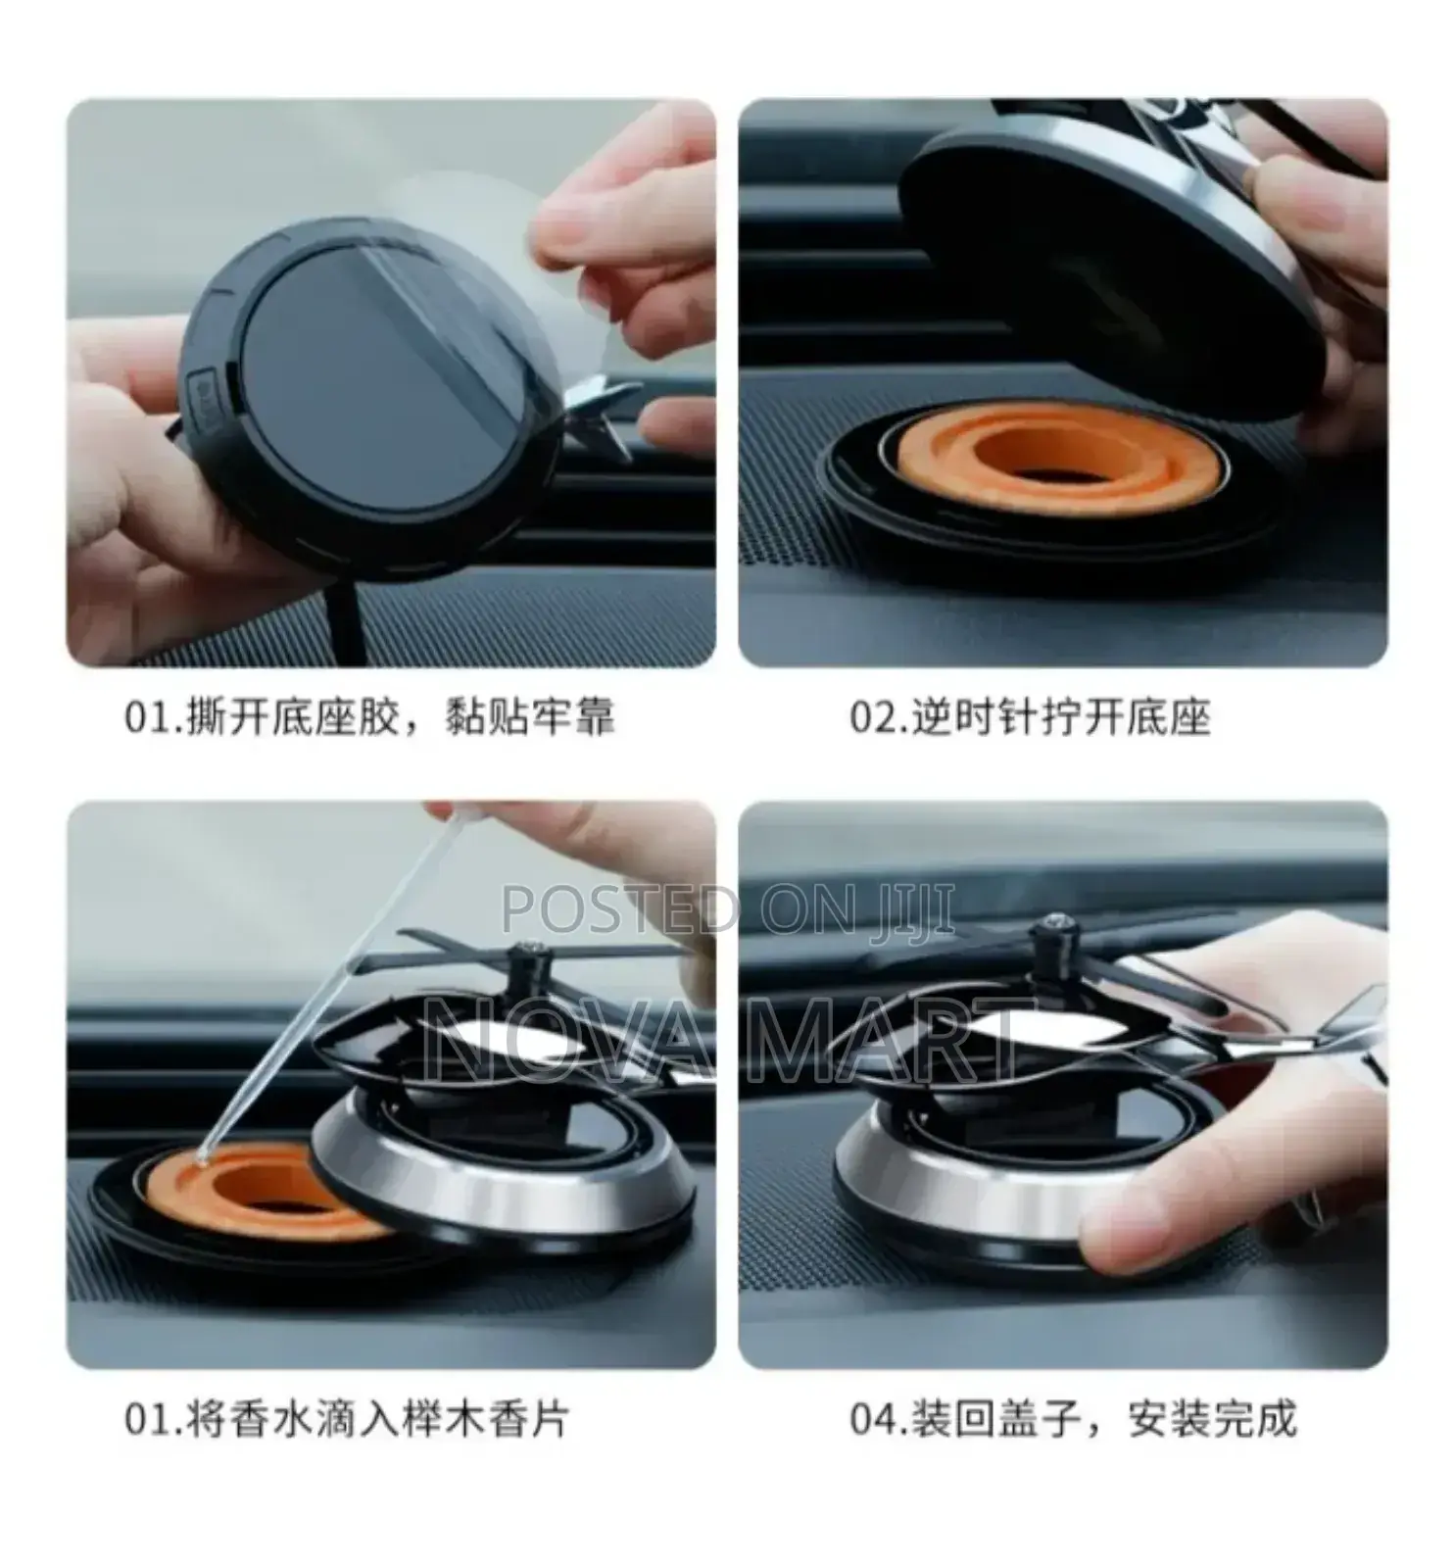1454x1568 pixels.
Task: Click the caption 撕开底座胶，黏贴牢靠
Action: coord(400,717)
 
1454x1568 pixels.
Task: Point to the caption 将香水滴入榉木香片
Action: coord(377,1418)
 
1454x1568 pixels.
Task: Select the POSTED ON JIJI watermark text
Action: coord(727,910)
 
